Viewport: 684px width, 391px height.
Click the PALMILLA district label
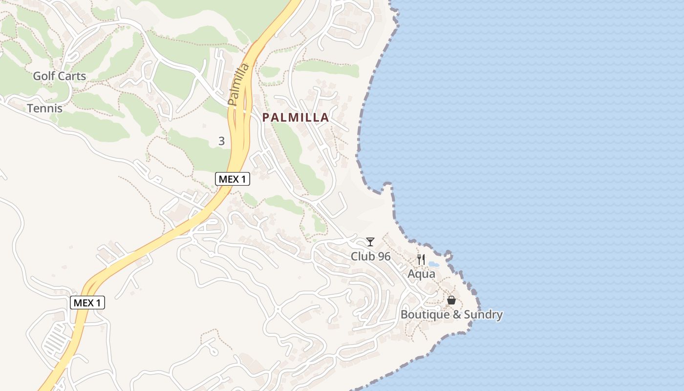(x=296, y=118)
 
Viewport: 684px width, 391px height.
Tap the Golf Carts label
(x=59, y=76)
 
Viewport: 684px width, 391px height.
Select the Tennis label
(x=45, y=108)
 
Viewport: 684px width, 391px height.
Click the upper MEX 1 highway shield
(x=233, y=179)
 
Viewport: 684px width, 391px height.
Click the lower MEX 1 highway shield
(x=88, y=303)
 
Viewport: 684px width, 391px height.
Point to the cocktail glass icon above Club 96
(x=370, y=242)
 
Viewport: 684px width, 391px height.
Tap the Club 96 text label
(x=370, y=256)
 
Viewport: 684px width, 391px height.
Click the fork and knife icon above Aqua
(x=421, y=260)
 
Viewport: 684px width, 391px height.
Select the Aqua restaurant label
(x=421, y=274)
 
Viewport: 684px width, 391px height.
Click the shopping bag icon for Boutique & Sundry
(x=451, y=300)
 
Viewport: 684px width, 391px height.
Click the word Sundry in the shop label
(x=483, y=314)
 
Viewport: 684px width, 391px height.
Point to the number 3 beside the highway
(x=221, y=141)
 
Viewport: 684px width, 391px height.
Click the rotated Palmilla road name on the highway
(x=238, y=84)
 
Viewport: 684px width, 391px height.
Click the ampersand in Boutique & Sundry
(x=456, y=314)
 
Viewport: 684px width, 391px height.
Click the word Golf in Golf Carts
(x=43, y=76)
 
